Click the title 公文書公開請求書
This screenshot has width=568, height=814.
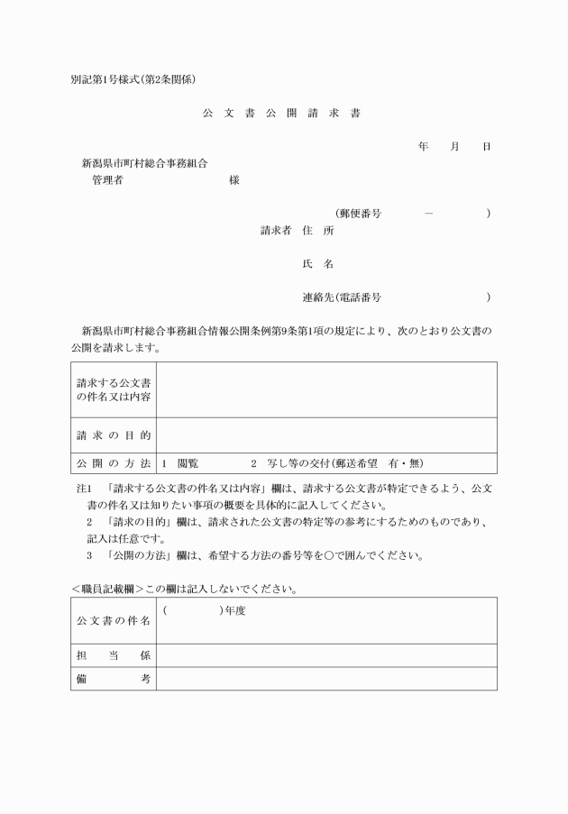[282, 114]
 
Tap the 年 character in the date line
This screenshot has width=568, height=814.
[424, 146]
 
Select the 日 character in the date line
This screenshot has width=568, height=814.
[487, 146]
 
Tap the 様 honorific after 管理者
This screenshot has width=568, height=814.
[234, 180]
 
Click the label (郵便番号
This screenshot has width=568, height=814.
[358, 214]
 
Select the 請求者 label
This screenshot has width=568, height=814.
[276, 231]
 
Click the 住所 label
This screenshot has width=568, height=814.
[318, 231]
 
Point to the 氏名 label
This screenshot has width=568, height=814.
[318, 264]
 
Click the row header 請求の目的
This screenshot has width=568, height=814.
[114, 435]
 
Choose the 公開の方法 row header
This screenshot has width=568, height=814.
[114, 463]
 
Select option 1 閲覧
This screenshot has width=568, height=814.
[180, 463]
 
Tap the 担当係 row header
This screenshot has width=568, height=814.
[114, 655]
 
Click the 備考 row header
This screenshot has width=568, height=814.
[114, 679]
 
